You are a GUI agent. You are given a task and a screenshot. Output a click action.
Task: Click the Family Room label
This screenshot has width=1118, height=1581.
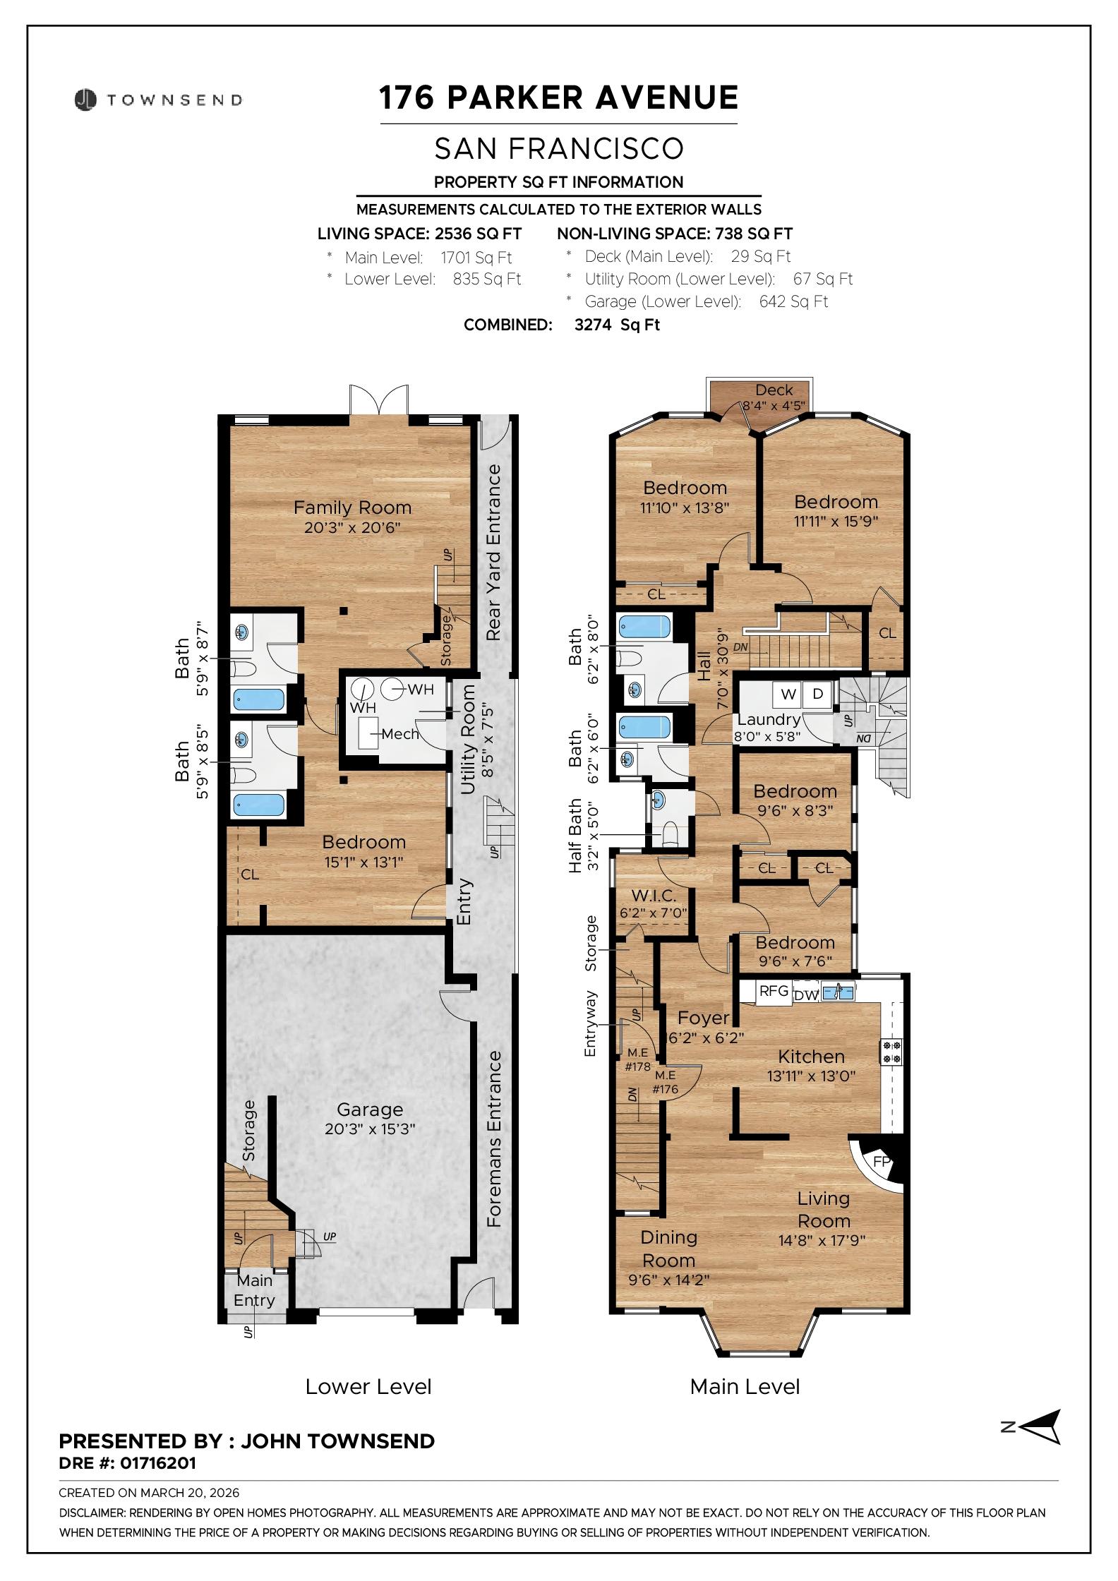[352, 507]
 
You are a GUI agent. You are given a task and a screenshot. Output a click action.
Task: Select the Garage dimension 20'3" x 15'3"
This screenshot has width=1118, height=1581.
[370, 1129]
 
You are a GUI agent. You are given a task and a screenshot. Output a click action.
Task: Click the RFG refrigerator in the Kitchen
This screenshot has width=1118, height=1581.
[774, 991]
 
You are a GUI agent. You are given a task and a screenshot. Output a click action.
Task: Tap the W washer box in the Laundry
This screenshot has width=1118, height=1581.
[788, 694]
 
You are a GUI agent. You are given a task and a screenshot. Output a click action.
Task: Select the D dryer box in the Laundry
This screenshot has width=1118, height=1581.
[818, 694]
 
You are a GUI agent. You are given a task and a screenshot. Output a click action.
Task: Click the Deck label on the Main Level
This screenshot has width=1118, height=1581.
[774, 390]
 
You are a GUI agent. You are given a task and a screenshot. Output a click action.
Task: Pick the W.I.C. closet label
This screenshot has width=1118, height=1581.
[654, 896]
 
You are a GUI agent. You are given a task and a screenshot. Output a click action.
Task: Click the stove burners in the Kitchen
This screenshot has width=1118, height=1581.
[891, 1052]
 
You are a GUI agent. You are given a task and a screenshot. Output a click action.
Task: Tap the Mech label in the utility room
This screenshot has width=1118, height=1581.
[400, 734]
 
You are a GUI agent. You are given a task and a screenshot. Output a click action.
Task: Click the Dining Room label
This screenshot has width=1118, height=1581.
[668, 1249]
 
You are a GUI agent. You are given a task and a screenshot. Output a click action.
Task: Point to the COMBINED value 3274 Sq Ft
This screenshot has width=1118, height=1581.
[618, 325]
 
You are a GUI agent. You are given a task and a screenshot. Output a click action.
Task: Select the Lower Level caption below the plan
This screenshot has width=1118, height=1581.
[368, 1387]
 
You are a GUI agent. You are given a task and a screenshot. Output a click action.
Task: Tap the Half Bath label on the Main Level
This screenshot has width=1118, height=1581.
[576, 836]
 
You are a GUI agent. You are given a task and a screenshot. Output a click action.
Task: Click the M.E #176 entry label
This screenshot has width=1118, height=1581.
[665, 1082]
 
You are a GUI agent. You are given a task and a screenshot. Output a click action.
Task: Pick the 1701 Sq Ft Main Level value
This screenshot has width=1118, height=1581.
[476, 258]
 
